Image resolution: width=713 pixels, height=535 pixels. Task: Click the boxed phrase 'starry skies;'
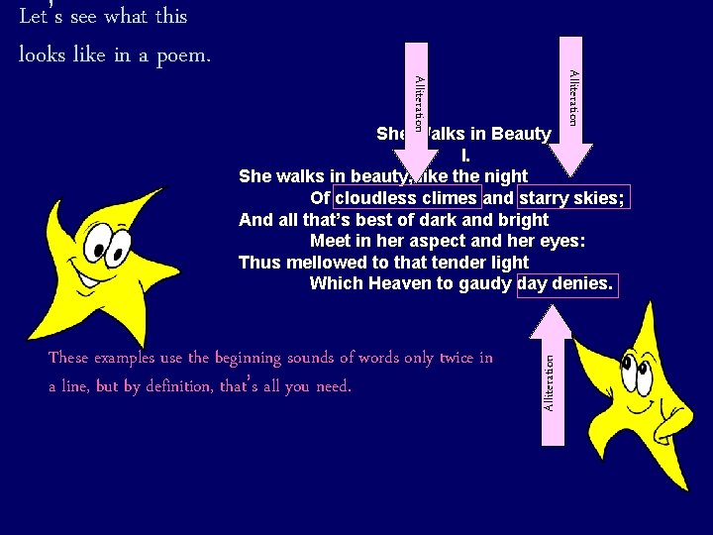point(572,198)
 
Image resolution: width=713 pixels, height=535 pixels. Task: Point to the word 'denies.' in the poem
point(585,284)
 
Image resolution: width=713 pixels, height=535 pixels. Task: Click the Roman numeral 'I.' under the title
point(465,156)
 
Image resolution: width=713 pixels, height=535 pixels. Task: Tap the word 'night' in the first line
point(506,176)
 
